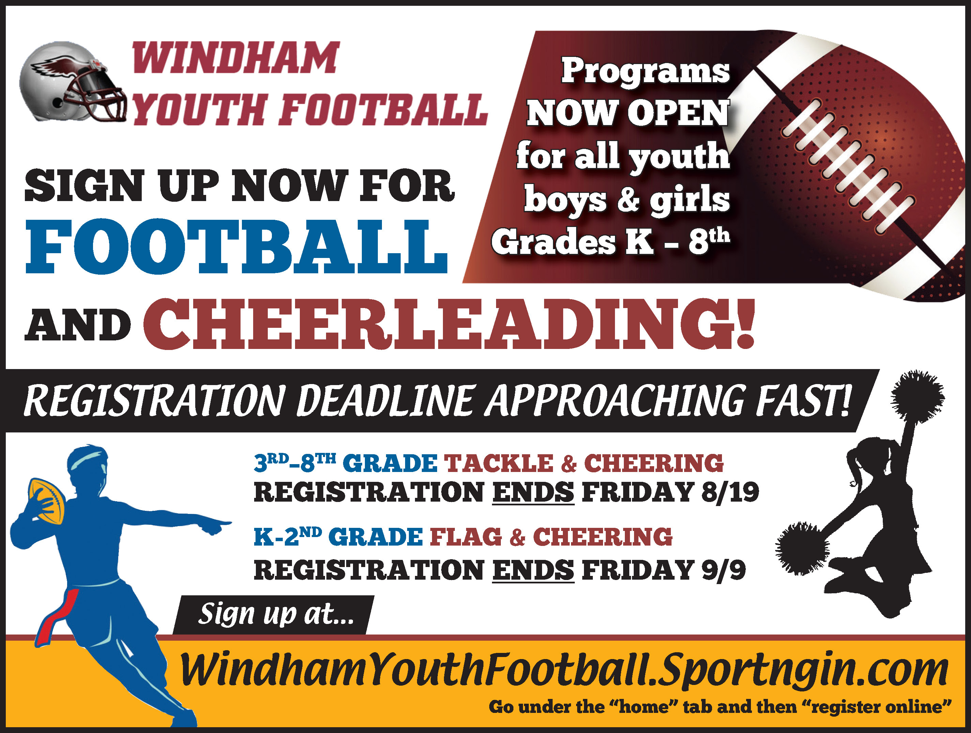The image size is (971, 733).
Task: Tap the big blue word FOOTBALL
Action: click(236, 246)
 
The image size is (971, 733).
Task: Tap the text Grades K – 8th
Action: click(611, 241)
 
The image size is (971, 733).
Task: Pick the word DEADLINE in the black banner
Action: click(387, 400)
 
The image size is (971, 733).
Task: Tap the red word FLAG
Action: click(466, 537)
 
